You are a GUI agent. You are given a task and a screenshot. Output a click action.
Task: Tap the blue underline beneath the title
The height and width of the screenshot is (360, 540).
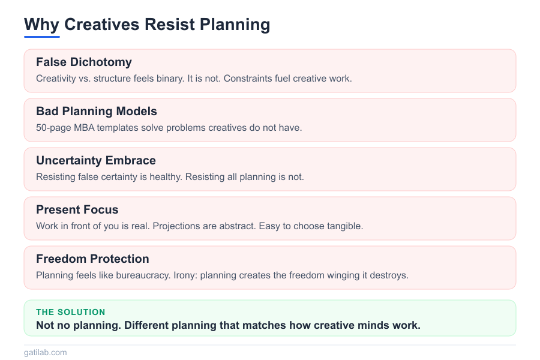[42, 37]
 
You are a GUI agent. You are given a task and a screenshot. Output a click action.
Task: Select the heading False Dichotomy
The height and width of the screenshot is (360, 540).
[84, 62]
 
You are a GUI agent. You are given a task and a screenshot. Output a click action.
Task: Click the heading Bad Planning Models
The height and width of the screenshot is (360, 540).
[97, 112]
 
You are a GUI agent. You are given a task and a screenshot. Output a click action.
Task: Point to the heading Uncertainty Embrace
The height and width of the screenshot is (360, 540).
[96, 161]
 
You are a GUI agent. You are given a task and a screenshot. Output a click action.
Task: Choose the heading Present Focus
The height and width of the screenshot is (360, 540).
[77, 210]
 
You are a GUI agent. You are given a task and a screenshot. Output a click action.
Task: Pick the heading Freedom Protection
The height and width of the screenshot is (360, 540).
[92, 259]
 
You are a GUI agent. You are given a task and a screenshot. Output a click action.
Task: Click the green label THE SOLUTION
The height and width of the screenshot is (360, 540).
[71, 312]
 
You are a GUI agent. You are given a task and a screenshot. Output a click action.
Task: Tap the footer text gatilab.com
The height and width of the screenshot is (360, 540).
[46, 353]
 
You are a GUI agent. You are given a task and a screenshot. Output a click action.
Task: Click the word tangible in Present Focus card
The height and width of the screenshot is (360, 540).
[343, 226]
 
